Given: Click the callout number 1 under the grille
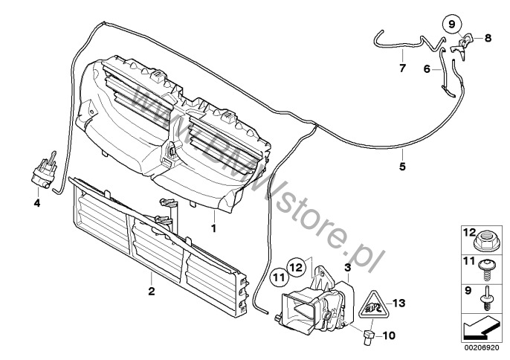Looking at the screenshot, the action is click(x=213, y=228).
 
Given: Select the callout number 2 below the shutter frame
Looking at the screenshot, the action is click(x=151, y=291).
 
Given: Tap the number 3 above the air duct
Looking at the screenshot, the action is click(x=348, y=268).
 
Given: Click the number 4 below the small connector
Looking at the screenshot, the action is click(x=37, y=203).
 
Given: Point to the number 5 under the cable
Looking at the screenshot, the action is click(x=402, y=167).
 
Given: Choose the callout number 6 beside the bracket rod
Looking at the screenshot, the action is click(x=427, y=69).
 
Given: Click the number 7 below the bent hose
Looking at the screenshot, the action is click(x=402, y=68).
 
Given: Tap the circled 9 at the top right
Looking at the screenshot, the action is click(x=452, y=24).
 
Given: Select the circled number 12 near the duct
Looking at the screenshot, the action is click(x=297, y=268).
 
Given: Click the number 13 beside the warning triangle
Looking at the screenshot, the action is click(x=398, y=303).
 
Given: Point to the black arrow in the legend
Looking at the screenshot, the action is click(x=481, y=327).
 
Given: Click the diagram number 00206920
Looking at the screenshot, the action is click(x=482, y=347).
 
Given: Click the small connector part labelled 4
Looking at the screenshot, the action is click(x=45, y=171).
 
